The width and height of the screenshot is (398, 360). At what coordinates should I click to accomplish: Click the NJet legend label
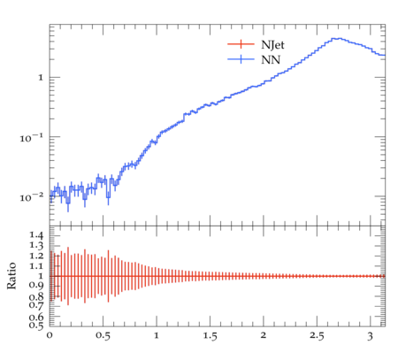[x=272, y=45]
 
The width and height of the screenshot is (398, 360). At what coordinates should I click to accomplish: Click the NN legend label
[x=271, y=60]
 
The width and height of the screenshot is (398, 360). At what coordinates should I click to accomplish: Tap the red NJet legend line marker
[x=241, y=44]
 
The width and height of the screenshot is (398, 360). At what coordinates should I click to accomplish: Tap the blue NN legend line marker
[x=241, y=59]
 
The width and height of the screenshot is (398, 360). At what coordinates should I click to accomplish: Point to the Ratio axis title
[x=11, y=276]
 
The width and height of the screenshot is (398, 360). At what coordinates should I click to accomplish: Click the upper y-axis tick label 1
[x=41, y=78]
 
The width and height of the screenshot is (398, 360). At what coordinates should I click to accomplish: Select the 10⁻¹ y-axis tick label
[x=31, y=138]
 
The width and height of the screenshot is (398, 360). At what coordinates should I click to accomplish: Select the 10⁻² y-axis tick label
[x=31, y=197]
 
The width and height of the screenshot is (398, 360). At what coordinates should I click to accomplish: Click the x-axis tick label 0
[x=50, y=336]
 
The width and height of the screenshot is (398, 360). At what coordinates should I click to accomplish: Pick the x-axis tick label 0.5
[x=103, y=336]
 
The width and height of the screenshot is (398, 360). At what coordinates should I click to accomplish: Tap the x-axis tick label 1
[x=157, y=336]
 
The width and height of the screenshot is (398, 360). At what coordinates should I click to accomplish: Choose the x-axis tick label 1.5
[x=210, y=336]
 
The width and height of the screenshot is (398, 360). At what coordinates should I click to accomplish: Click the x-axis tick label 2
[x=264, y=336]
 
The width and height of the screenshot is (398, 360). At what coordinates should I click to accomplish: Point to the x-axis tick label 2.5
[x=317, y=336]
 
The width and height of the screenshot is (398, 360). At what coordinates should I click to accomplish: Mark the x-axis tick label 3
[x=371, y=336]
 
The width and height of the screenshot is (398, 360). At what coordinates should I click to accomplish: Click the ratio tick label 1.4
[x=36, y=235]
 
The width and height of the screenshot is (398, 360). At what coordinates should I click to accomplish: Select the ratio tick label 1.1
[x=36, y=266]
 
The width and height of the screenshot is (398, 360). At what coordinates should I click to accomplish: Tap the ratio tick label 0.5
[x=36, y=325]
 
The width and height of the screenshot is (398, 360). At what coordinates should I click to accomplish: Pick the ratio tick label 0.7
[x=36, y=304]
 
